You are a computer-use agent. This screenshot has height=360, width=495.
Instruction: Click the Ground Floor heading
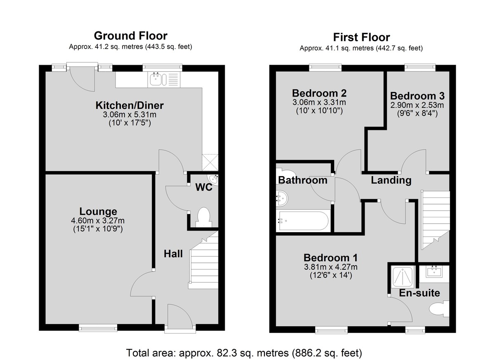tap(131, 36)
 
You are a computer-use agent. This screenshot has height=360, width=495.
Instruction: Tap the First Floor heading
tap(361, 38)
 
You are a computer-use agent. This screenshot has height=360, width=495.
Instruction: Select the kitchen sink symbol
tap(158, 79)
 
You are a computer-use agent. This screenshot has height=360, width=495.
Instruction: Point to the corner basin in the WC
tap(214, 180)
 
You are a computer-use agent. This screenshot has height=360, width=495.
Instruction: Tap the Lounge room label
tap(98, 212)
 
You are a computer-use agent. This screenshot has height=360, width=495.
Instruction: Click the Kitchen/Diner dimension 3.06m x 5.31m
tap(130, 115)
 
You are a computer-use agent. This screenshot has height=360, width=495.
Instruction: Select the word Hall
tap(173, 254)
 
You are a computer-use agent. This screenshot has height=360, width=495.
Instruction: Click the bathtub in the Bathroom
tap(304, 221)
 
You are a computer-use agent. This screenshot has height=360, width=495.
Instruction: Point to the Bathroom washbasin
tap(282, 198)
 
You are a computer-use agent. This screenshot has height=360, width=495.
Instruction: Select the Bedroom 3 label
tap(417, 96)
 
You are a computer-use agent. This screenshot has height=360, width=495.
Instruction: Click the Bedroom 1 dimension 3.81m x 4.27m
tap(331, 267)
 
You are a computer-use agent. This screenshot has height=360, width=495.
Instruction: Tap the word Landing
tap(391, 180)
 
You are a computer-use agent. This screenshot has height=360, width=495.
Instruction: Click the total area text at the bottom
tap(244, 353)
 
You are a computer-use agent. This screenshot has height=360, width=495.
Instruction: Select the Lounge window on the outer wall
tap(98, 328)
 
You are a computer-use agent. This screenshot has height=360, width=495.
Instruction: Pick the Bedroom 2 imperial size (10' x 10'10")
tap(320, 111)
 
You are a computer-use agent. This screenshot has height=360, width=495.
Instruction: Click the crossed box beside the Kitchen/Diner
tap(210, 162)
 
